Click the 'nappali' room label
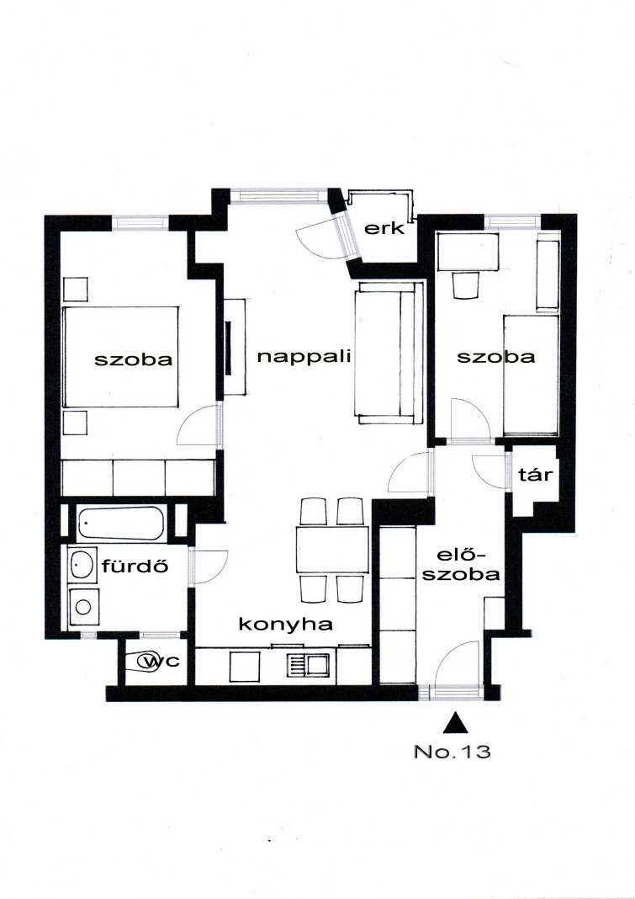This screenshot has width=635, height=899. click(303, 357)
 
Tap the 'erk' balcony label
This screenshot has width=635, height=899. click(385, 229)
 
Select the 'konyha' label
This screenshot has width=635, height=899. click(285, 625)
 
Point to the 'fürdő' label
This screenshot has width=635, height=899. click(135, 566)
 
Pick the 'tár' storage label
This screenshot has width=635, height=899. click(535, 474)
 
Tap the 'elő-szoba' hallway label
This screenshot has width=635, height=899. click(462, 565)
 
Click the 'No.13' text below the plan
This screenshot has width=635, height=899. click(452, 752)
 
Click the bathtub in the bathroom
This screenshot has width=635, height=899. click(121, 523)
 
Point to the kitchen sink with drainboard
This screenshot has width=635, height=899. click(307, 665)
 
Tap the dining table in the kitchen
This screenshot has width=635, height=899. click(332, 550)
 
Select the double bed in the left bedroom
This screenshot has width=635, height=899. click(120, 357)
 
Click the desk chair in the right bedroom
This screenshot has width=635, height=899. click(465, 285)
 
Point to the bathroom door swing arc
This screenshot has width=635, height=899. click(210, 567)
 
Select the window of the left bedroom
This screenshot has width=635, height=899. click(140, 222)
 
